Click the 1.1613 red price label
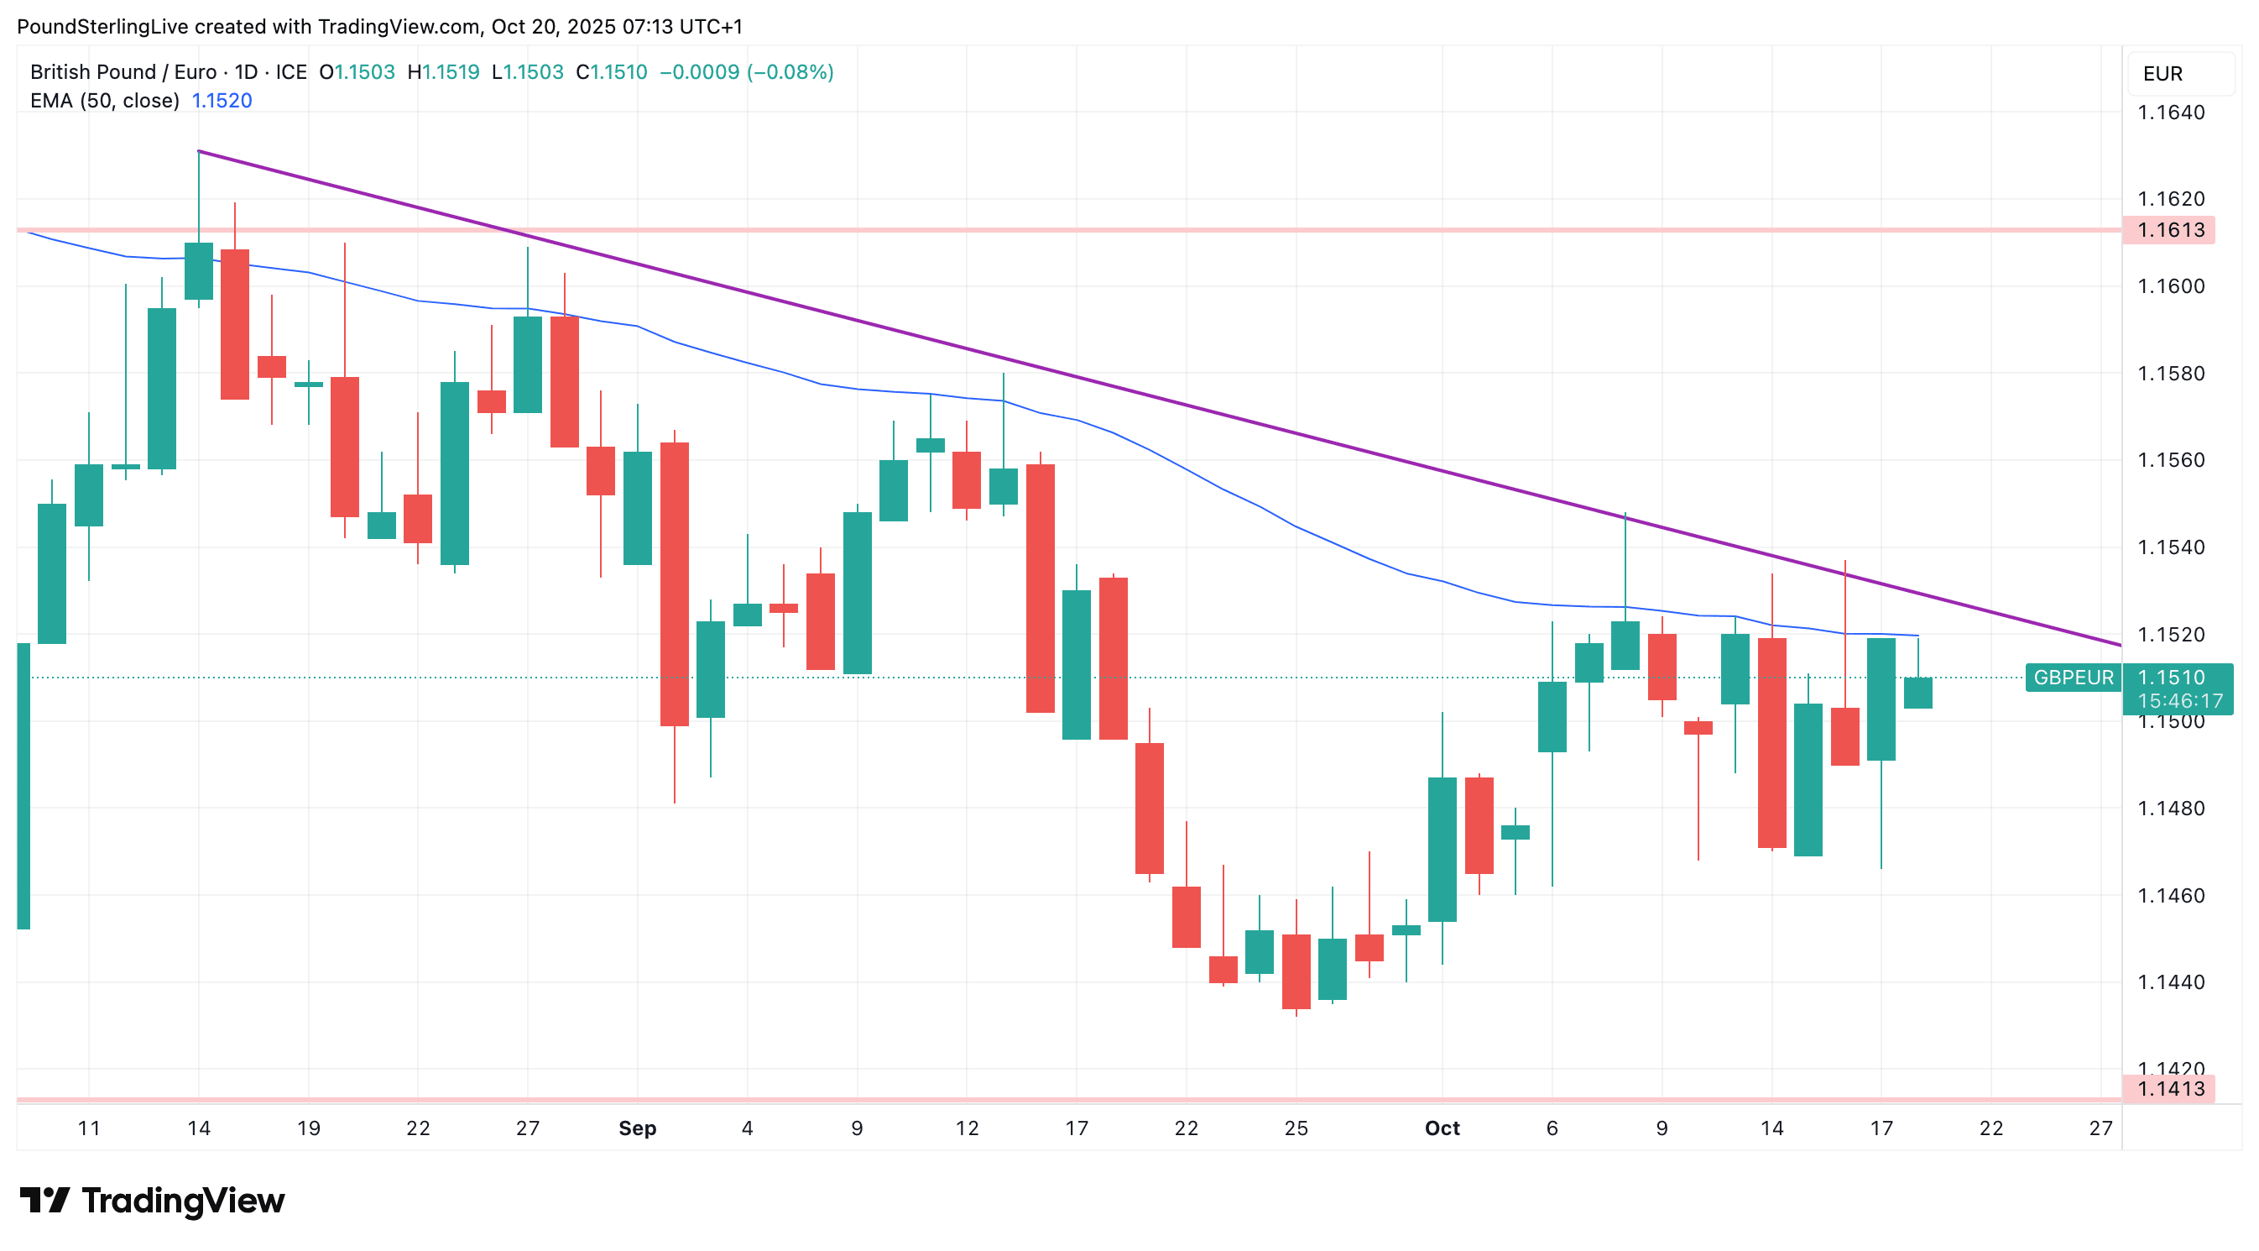(2169, 230)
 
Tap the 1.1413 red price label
(2169, 1089)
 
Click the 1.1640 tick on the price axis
(2170, 113)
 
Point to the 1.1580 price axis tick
(2170, 374)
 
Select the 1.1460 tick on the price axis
(2170, 896)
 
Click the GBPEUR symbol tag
(2072, 678)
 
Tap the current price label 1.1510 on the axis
(2170, 678)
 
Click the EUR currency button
(2162, 74)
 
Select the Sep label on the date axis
(638, 1128)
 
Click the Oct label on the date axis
(1442, 1128)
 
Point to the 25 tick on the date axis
(1296, 1128)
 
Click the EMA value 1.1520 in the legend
(222, 101)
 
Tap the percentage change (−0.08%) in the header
(790, 72)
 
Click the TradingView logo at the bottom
(153, 1200)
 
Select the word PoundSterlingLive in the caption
(102, 26)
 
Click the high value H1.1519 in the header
(444, 72)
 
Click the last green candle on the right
(1917, 692)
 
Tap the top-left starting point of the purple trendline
(199, 152)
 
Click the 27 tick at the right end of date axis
(2100, 1128)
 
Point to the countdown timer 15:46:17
(2179, 701)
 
